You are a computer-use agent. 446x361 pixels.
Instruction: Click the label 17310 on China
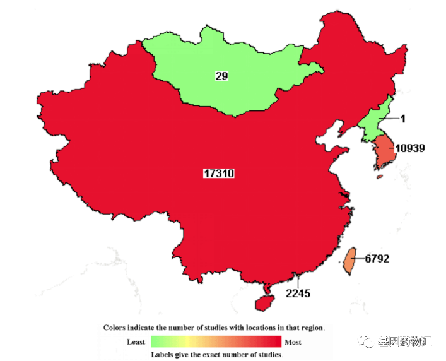(x=218, y=173)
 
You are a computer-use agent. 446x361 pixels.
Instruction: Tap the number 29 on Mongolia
(x=221, y=76)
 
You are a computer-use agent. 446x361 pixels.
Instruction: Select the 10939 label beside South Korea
(x=409, y=149)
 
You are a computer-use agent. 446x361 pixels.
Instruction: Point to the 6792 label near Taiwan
(x=377, y=258)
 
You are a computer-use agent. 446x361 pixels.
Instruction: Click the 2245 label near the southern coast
(x=298, y=293)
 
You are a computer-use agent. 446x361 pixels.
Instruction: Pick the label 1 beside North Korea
(x=402, y=119)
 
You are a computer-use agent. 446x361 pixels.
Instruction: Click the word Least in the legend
(x=136, y=342)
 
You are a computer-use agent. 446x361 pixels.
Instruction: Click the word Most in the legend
(x=293, y=342)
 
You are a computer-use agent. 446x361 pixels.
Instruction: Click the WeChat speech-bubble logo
(x=366, y=341)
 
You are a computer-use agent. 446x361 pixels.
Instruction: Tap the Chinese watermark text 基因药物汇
(x=404, y=341)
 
